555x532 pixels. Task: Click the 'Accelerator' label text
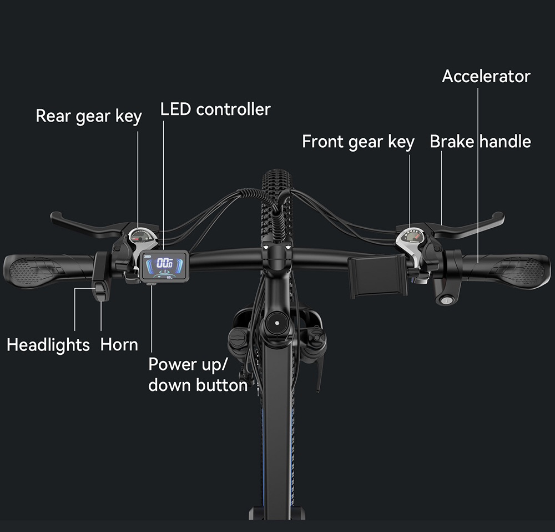pyautogui.click(x=486, y=76)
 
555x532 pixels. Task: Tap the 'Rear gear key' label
pyautogui.click(x=88, y=116)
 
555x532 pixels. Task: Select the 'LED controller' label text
pyautogui.click(x=215, y=109)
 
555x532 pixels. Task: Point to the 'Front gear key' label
pyautogui.click(x=358, y=142)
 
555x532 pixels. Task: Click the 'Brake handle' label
pyautogui.click(x=480, y=141)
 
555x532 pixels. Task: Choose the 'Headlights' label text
pyautogui.click(x=48, y=345)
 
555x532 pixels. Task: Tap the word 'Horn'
pyautogui.click(x=119, y=345)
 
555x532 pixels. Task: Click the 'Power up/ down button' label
pyautogui.click(x=198, y=375)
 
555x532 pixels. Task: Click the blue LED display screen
pyautogui.click(x=165, y=266)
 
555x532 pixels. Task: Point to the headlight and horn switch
pyautogui.click(x=101, y=276)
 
